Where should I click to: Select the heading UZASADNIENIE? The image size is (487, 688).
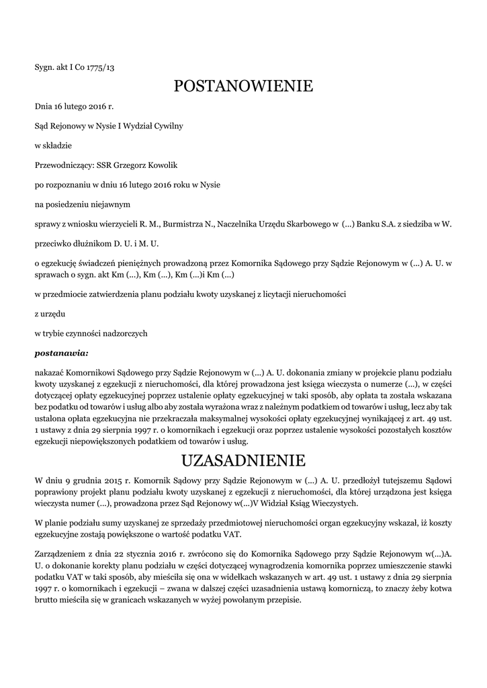[x=243, y=460]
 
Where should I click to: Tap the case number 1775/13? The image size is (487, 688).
[x=100, y=67]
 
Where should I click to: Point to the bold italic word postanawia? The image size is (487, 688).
[x=61, y=351]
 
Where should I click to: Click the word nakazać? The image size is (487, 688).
[x=51, y=372]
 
